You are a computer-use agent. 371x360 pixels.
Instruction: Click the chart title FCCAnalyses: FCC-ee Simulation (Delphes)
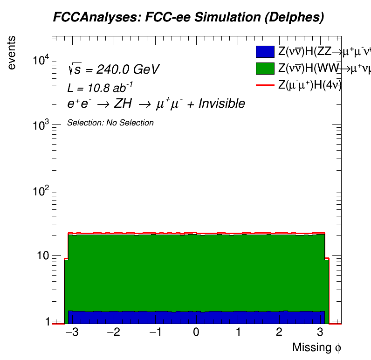pos(188,18)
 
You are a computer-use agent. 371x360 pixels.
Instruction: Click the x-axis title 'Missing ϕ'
pos(317,347)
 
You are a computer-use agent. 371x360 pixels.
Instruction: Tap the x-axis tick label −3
pos(70,332)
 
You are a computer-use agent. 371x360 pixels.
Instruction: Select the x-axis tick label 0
pos(196,332)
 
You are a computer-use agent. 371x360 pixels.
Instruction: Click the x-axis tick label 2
pos(279,332)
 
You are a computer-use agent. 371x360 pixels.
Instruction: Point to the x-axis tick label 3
pos(320,332)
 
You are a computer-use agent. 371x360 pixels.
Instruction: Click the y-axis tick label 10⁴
pos(41,60)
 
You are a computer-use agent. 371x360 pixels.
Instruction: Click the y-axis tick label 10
pos(42,256)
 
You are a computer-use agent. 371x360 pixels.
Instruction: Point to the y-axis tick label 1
pos(46,321)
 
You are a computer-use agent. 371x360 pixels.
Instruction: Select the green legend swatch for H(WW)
pos(265,68)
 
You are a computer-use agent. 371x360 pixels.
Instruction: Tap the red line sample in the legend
pos(265,85)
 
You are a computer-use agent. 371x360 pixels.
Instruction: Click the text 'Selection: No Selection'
pos(110,123)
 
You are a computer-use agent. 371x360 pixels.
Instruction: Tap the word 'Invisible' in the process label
pos(221,104)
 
